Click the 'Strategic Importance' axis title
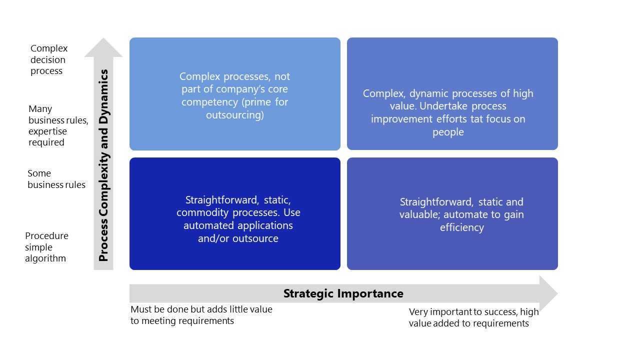[x=343, y=293]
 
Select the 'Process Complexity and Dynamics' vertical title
[x=103, y=165]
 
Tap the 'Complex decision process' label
[x=48, y=59]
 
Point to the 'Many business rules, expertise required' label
[x=57, y=125]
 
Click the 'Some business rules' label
[x=56, y=179]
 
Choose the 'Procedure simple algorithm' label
[x=46, y=247]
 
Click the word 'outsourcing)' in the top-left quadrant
[x=234, y=115]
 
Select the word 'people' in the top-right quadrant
[x=448, y=132]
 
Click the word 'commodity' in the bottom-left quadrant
[x=199, y=212]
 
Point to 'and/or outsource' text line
[x=238, y=238]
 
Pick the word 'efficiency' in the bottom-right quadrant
[x=461, y=227]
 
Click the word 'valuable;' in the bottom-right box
[x=420, y=215]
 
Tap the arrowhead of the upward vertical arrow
[x=103, y=47]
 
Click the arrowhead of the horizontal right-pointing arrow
[x=548, y=293]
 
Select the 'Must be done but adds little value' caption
[x=201, y=309]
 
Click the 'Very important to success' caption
[x=473, y=312]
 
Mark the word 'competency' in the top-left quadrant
[x=206, y=102]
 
